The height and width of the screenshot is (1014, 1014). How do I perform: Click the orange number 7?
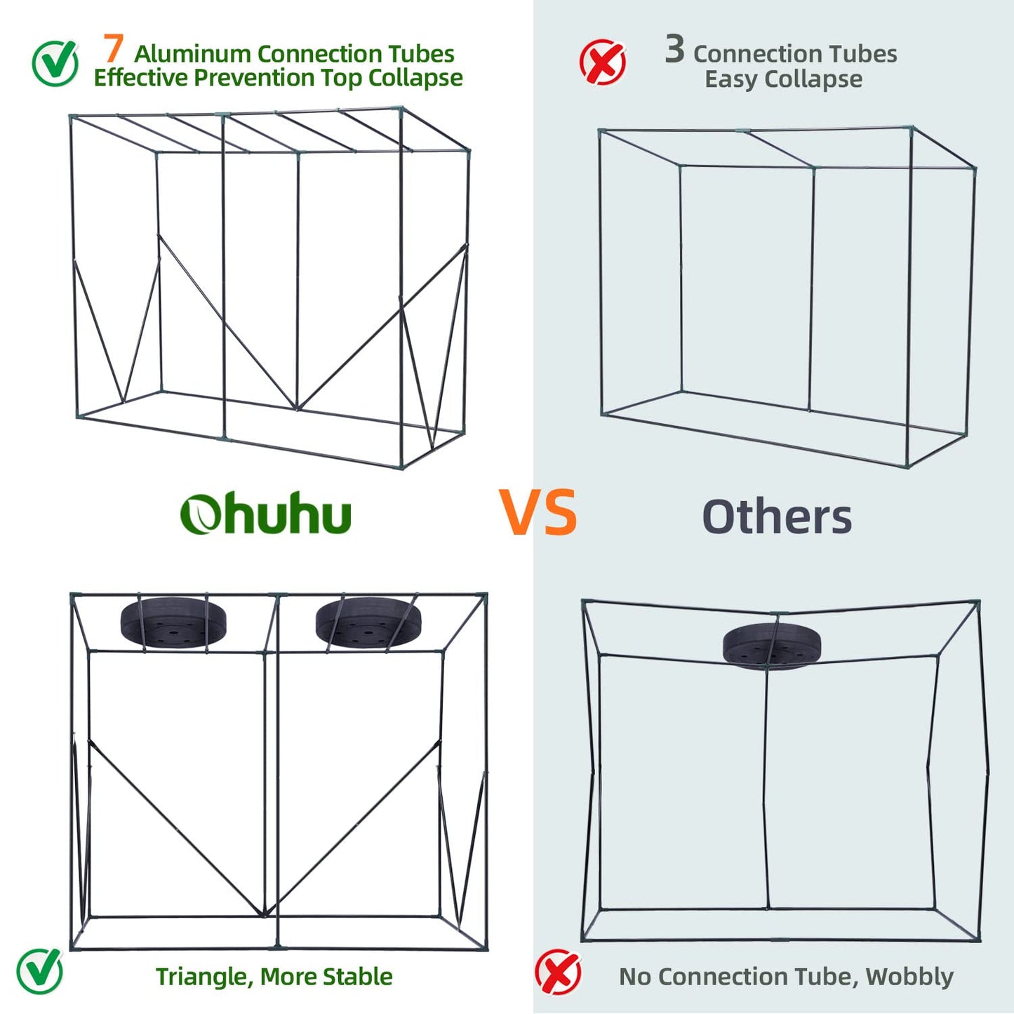coord(114,48)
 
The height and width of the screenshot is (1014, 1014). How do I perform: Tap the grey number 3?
coord(674,49)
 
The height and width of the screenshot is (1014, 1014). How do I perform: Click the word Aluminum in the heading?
coord(192,54)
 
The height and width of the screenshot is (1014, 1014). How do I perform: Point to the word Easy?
coord(731,79)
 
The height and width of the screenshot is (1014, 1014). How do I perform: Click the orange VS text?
coord(538,513)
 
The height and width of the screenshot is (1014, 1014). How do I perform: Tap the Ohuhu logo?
coord(265,514)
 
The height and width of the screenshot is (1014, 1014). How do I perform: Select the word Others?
coord(777,517)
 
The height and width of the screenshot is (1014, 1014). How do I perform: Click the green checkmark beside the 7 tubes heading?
coord(55,63)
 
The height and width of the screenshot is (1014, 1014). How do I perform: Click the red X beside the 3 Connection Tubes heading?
coord(603,62)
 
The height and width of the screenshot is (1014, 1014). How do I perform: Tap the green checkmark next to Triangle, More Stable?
coord(40,971)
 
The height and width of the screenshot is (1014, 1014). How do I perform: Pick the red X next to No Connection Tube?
coord(558,973)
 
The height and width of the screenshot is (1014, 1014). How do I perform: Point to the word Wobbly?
coord(909,977)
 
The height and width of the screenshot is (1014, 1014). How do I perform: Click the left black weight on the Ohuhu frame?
coord(173,622)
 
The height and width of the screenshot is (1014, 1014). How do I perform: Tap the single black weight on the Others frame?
coord(771,644)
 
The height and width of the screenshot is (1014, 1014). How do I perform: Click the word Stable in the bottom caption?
coord(359,977)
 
